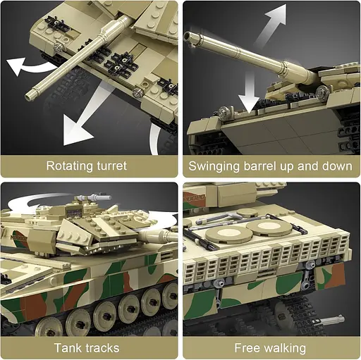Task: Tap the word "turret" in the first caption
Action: [111, 166]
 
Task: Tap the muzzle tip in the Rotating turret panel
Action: [30, 94]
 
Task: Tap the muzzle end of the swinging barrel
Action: [188, 36]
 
